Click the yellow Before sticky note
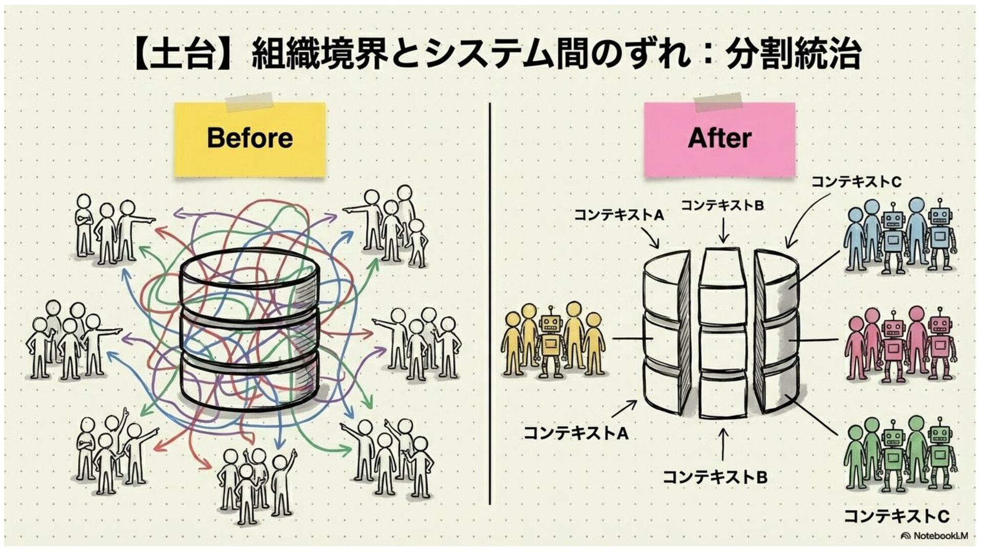[x=250, y=139]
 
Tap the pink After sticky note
[x=719, y=139]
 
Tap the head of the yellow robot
[x=550, y=323]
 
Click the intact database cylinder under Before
[x=251, y=332]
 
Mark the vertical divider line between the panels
[x=490, y=302]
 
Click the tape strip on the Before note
[x=250, y=102]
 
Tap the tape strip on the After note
[x=719, y=102]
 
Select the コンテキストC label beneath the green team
[x=896, y=516]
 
